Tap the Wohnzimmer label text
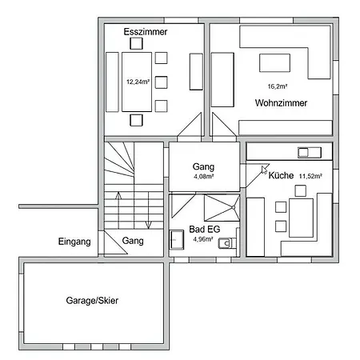(282, 103)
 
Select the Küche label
(281, 175)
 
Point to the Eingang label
(74, 242)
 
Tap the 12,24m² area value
(138, 82)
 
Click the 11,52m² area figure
(313, 176)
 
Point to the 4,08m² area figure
(204, 177)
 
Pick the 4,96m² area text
(203, 238)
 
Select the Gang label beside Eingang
(134, 241)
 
